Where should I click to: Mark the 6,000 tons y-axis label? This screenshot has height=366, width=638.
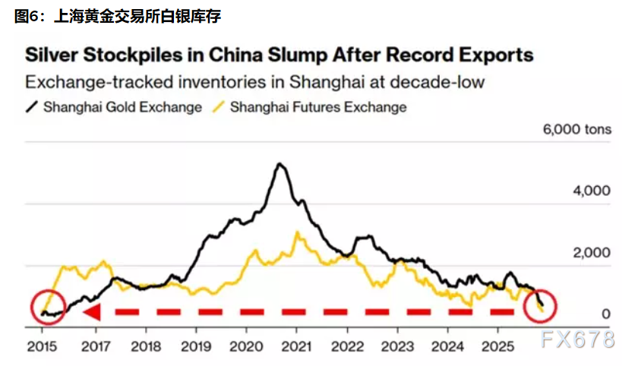[576, 130]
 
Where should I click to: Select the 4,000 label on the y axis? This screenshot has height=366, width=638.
[589, 191]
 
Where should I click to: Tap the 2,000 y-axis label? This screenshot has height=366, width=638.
[589, 253]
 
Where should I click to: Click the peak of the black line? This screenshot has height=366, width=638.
[280, 164]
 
